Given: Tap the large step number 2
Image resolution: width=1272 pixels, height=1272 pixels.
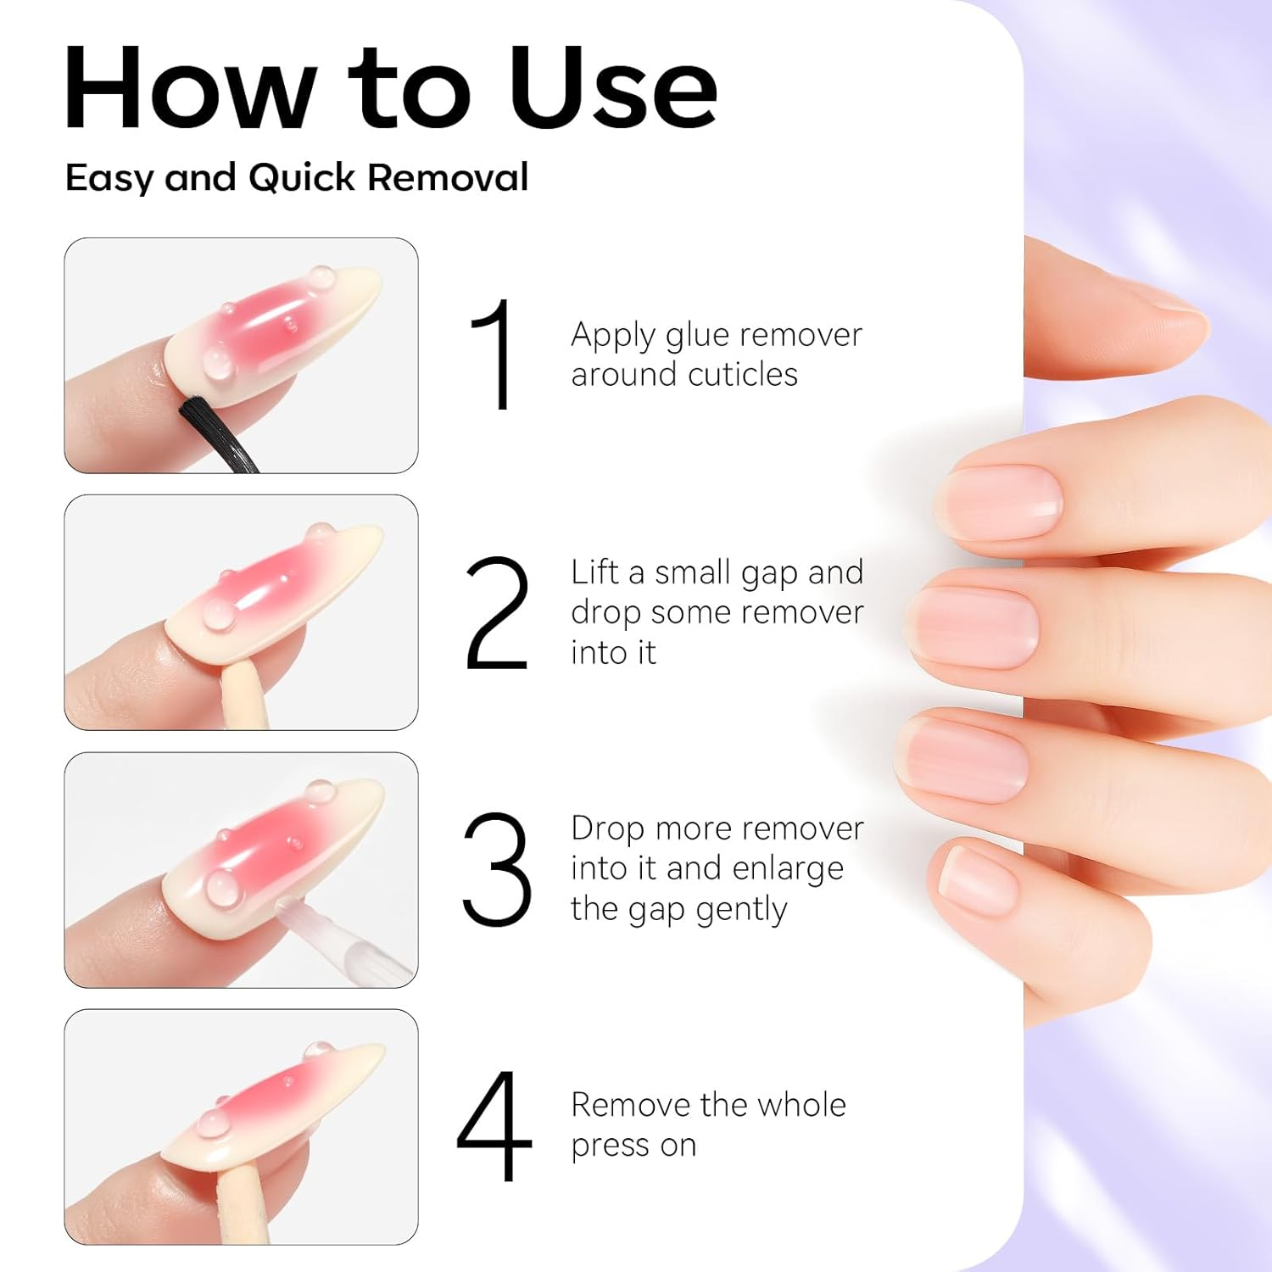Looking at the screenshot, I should [x=497, y=613].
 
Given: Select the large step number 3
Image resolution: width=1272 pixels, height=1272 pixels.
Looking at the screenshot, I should [x=497, y=868].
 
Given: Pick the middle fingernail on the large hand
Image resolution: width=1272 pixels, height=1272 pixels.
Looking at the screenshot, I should [x=975, y=628].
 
